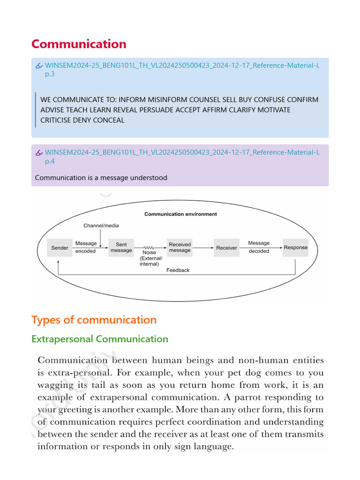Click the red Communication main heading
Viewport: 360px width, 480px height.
coord(79,44)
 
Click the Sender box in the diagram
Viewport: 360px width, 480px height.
coord(60,248)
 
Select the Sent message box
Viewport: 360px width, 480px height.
coord(121,247)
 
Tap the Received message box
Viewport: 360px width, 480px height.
coord(180,247)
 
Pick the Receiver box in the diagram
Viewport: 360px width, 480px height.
coord(226,248)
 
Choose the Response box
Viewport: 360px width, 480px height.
coord(296,247)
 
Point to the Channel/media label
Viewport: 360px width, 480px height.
coord(101,225)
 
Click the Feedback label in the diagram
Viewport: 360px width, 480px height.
coord(178,270)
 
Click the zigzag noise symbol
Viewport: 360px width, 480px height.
coord(150,247)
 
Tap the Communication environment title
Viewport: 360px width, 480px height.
coord(180,214)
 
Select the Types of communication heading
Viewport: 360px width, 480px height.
coord(94,320)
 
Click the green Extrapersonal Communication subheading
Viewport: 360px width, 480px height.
coord(99,339)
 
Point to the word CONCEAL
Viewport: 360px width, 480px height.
coord(109,120)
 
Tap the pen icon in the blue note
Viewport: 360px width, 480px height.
coord(39,66)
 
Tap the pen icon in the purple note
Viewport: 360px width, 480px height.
coord(39,153)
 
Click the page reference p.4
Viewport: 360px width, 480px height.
coord(50,161)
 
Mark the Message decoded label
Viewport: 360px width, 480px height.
coord(259,247)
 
